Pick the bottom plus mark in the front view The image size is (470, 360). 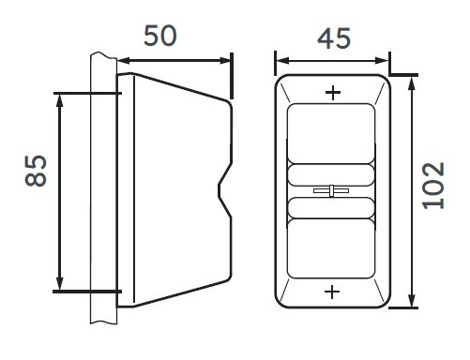(332, 292)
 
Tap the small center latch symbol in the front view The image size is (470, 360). (331, 191)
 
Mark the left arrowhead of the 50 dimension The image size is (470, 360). (121, 62)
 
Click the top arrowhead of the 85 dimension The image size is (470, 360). (60, 97)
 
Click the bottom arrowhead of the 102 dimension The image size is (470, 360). (412, 303)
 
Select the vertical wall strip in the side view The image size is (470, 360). (102, 187)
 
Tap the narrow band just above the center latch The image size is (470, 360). (331, 174)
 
